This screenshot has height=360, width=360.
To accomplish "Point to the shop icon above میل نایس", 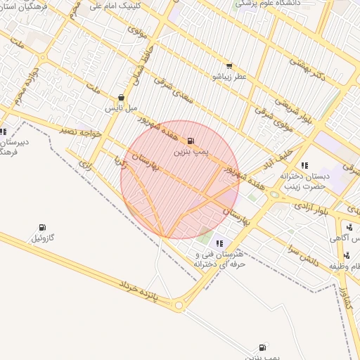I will pos(122,98).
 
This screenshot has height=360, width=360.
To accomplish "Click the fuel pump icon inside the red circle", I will pos(191,141).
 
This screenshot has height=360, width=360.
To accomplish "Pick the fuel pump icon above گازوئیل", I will pos(42,228).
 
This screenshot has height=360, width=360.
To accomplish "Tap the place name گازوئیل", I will pos(42,238).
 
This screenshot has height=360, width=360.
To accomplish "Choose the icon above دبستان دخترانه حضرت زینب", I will pos(304,165).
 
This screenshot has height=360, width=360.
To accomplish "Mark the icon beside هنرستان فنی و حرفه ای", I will pos(220,243).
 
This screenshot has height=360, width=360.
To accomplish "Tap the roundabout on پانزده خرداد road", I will pos(179,305).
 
